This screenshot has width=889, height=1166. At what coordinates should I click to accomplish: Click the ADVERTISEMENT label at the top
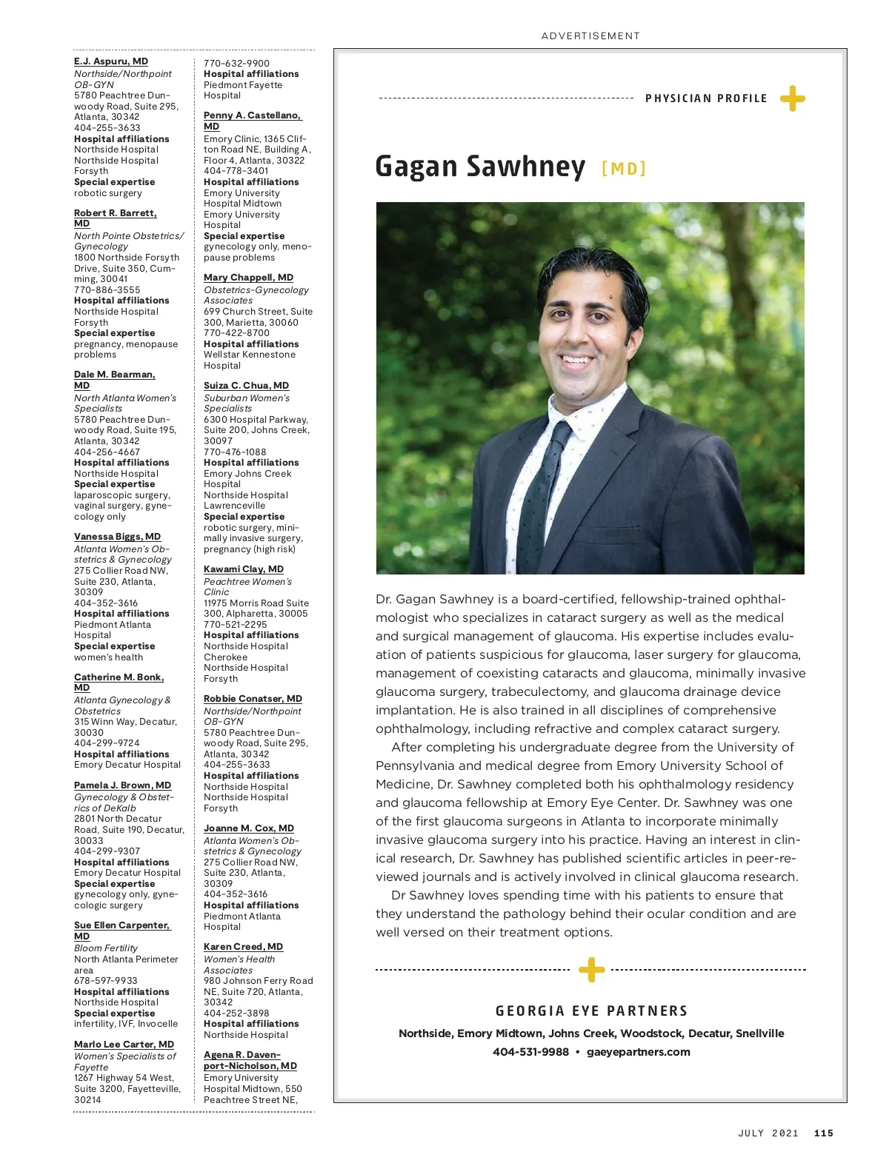pyautogui.click(x=590, y=36)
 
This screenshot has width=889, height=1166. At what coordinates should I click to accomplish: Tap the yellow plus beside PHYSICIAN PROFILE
pyautogui.click(x=792, y=98)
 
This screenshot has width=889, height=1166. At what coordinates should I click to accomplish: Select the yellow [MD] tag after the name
pyautogui.click(x=624, y=169)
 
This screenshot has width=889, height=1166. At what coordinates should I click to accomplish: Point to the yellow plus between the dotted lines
pyautogui.click(x=590, y=969)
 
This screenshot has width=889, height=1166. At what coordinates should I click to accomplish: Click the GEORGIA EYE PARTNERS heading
pyautogui.click(x=591, y=1011)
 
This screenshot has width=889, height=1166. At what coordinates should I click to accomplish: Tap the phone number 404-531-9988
pyautogui.click(x=530, y=1052)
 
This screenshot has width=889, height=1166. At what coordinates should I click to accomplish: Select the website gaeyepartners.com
pyautogui.click(x=638, y=1052)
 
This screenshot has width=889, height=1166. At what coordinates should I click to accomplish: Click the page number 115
pyautogui.click(x=824, y=1133)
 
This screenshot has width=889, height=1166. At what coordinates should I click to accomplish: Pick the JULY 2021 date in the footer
pyautogui.click(x=768, y=1133)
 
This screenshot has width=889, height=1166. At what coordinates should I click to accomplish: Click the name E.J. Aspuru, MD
pyautogui.click(x=111, y=61)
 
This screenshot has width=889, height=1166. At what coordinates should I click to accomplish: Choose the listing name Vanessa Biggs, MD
pyautogui.click(x=117, y=537)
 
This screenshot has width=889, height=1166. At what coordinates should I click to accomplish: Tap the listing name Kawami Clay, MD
pyautogui.click(x=244, y=569)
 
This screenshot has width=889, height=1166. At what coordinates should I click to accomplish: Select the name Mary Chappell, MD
pyautogui.click(x=248, y=278)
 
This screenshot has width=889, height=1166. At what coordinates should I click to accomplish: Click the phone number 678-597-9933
pyautogui.click(x=105, y=980)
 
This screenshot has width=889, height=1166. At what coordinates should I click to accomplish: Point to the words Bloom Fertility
pyautogui.click(x=106, y=948)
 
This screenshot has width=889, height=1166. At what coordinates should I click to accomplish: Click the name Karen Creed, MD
pyautogui.click(x=243, y=947)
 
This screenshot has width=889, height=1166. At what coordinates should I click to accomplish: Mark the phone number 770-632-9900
pyautogui.click(x=236, y=64)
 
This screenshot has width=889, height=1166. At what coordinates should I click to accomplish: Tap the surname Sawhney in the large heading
pyautogui.click(x=525, y=167)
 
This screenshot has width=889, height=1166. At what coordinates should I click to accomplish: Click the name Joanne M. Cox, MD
pyautogui.click(x=249, y=828)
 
